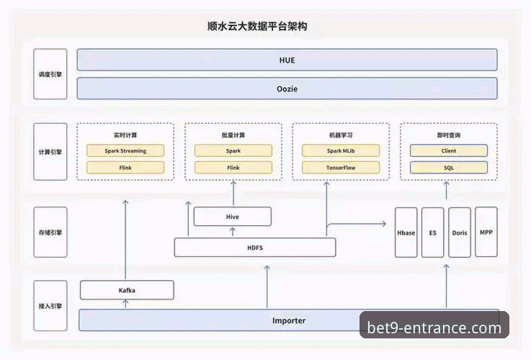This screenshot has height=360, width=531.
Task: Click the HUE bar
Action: tap(287, 60)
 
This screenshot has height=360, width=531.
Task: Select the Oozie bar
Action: tap(287, 89)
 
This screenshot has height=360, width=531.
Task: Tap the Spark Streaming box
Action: tap(125, 151)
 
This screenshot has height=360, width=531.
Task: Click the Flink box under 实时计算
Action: tap(125, 168)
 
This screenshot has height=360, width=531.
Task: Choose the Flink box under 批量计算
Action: tap(233, 168)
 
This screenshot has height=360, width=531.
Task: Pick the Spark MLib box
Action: tap(341, 151)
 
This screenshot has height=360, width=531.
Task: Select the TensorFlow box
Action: tap(341, 168)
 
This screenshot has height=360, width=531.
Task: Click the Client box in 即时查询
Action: tap(448, 151)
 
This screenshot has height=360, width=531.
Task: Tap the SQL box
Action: tap(448, 168)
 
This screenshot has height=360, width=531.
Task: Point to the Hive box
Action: tap(233, 216)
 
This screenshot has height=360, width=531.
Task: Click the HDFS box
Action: tap(255, 248)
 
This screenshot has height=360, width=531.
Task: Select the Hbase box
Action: tap(406, 233)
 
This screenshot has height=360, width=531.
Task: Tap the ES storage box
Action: tap(432, 233)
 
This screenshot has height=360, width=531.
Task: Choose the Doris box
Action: tap(460, 233)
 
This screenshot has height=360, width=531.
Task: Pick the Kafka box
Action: tap(127, 290)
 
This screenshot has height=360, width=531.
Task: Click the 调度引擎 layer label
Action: tap(50, 74)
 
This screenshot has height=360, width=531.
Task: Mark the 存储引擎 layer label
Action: tap(50, 233)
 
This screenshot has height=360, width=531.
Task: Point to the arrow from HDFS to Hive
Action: tap(233, 232)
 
